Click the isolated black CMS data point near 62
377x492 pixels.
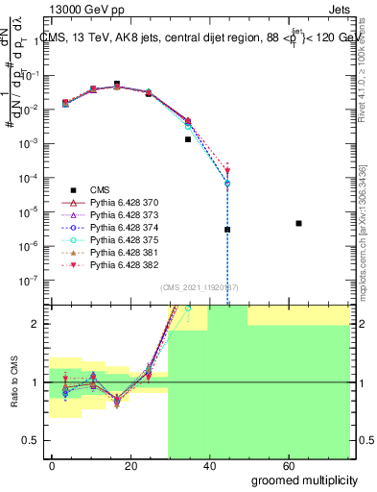(x=299, y=223)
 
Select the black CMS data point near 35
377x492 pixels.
(x=189, y=139)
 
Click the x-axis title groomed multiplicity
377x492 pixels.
(x=304, y=479)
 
